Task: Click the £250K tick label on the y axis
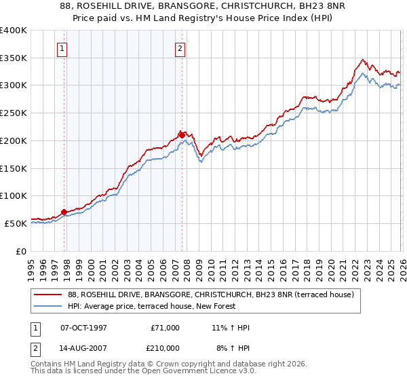click(14, 113)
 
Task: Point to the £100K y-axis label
click(14, 195)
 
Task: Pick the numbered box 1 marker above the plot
click(62, 48)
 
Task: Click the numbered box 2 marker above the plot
click(180, 48)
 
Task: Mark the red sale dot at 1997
click(64, 212)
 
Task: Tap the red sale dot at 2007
click(182, 134)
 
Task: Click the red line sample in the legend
click(47, 295)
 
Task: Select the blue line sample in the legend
click(47, 307)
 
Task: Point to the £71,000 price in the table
click(166, 328)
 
